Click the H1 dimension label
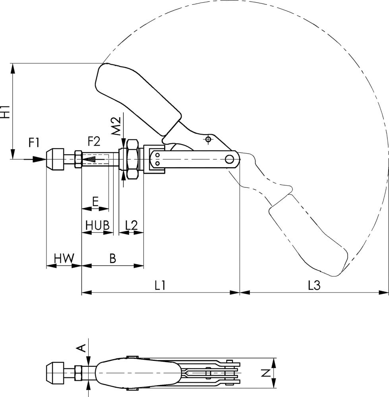click(6, 112)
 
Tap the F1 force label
click(34, 143)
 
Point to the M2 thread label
click(116, 126)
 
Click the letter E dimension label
click(95, 202)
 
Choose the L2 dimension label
click(132, 225)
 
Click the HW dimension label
click(64, 258)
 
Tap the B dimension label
click(113, 258)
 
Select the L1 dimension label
click(160, 285)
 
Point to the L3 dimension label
click(314, 285)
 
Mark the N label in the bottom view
click(266, 373)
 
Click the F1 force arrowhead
click(41, 159)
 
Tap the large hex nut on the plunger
click(133, 159)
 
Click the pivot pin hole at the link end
click(230, 159)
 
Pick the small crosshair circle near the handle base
click(208, 139)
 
